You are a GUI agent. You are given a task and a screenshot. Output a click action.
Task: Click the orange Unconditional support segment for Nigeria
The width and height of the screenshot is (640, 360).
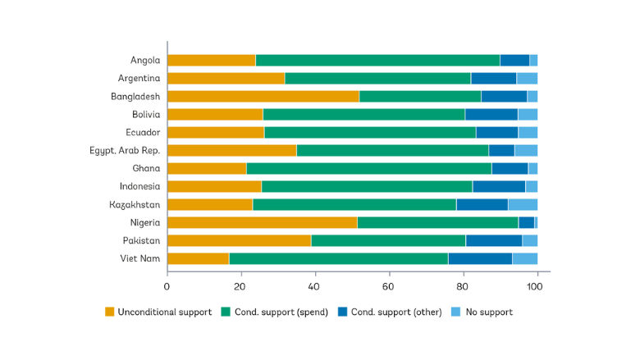pyautogui.click(x=262, y=222)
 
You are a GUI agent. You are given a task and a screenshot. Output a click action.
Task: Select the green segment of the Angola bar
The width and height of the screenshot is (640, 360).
pyautogui.click(x=377, y=60)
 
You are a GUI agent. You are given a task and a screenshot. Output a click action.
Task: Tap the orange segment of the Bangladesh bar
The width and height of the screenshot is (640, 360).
pyautogui.click(x=263, y=96)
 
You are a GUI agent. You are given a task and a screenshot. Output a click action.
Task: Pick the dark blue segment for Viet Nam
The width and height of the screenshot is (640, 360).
pyautogui.click(x=480, y=258)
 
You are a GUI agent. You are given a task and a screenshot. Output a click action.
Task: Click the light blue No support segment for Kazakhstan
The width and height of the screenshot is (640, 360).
pyautogui.click(x=523, y=204)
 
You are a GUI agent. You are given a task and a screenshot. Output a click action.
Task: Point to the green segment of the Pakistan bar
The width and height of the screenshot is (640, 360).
pyautogui.click(x=388, y=240)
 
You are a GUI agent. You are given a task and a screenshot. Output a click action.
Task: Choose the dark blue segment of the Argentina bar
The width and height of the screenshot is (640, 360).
pyautogui.click(x=493, y=78)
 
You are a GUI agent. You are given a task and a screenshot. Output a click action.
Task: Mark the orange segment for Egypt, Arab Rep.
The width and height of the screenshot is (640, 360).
pyautogui.click(x=231, y=150)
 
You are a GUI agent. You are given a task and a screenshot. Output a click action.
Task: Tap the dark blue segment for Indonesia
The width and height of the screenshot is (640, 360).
pyautogui.click(x=499, y=186)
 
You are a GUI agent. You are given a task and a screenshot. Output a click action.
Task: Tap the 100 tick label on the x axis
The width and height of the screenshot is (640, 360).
pyautogui.click(x=534, y=286)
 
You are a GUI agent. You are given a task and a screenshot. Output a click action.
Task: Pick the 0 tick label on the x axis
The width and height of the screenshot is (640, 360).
pyautogui.click(x=167, y=286)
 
